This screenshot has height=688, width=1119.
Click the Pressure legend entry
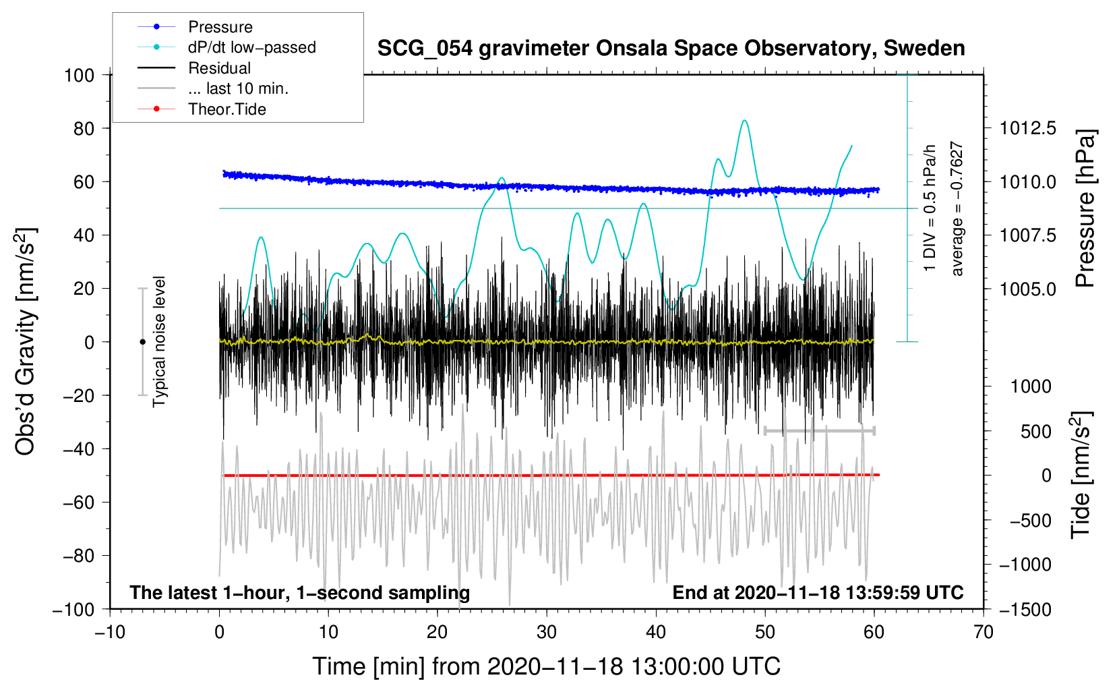pos(220,27)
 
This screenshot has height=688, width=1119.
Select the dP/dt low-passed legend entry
pos(251,47)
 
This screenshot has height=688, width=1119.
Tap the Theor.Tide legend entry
pos(226,109)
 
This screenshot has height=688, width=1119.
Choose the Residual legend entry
pos(219,68)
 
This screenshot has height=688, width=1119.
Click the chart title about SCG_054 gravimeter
pos(671,49)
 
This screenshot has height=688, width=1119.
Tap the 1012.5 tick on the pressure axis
pos(1028,128)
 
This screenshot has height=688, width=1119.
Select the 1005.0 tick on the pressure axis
pos(1028,289)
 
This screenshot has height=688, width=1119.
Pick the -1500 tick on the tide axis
pos(1025,609)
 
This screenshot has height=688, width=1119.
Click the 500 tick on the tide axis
pos(1036,432)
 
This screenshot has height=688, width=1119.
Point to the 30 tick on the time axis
pos(547,632)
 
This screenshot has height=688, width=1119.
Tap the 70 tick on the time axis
pos(984,632)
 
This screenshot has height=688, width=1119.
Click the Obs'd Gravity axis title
pos(25,341)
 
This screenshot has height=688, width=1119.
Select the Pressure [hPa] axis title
pos(1085,208)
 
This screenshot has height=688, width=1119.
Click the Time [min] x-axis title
pos(547,666)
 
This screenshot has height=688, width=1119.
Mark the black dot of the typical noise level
pos(142,342)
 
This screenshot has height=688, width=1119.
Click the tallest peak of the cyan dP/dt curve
pos(744,121)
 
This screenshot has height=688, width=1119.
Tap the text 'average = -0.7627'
pos(957,208)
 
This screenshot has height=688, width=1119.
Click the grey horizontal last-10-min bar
pos(819,430)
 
